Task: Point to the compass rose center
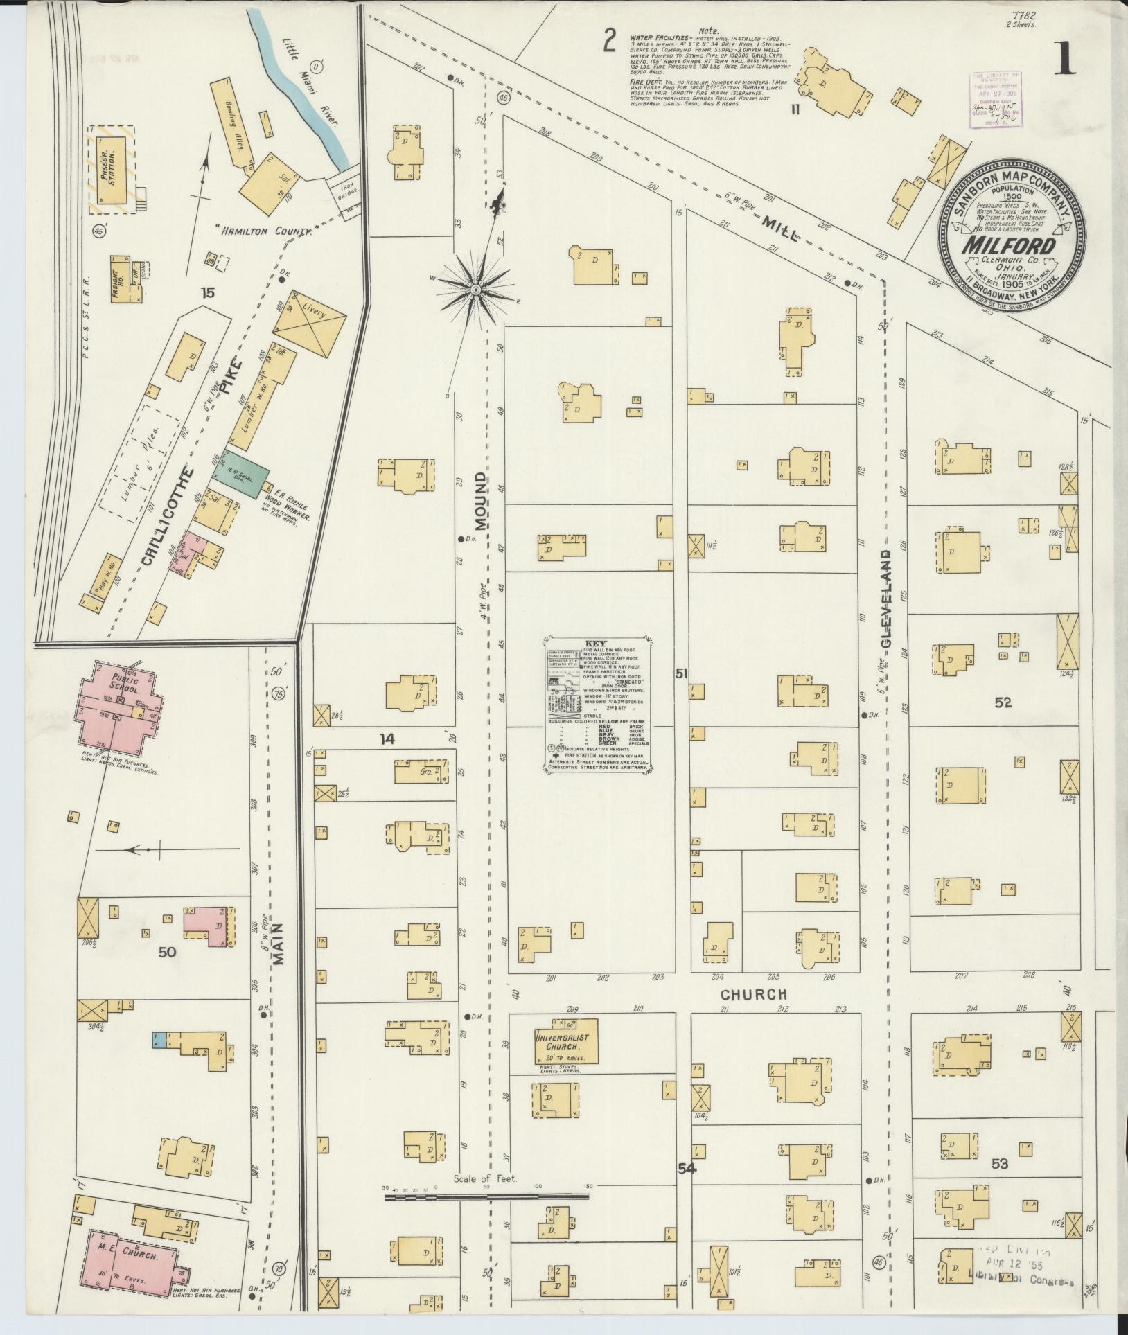click(476, 289)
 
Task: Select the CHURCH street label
click(753, 994)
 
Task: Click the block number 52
click(1003, 702)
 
